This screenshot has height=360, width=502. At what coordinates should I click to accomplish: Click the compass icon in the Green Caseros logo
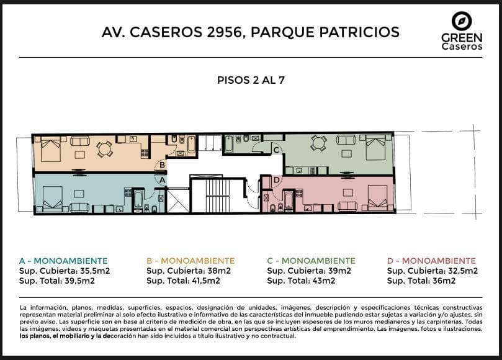(462, 22)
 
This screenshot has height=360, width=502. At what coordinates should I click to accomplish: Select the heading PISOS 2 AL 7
(251, 80)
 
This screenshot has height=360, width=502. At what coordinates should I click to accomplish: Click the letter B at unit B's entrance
(163, 165)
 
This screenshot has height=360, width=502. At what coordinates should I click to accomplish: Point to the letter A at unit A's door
(163, 180)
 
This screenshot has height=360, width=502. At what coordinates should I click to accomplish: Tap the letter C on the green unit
(276, 150)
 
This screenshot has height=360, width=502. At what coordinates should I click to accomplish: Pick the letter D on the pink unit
(277, 181)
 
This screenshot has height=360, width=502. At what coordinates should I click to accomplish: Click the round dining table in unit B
(104, 149)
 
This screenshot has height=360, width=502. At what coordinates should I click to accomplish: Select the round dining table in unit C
(319, 143)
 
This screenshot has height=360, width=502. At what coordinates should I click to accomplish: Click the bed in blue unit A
(53, 199)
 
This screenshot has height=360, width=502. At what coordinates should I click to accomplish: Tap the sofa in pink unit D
(347, 206)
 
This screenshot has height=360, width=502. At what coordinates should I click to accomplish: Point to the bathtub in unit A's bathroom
(138, 199)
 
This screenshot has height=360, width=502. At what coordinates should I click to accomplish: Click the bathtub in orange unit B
(191, 145)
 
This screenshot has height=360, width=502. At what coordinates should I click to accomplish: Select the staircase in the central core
(218, 196)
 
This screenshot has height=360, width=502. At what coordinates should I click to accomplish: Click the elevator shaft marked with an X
(178, 201)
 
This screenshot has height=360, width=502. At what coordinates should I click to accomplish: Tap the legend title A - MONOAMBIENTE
(63, 261)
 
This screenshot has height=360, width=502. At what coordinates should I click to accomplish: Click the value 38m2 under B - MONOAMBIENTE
(219, 271)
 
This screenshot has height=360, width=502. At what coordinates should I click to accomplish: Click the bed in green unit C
(375, 148)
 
